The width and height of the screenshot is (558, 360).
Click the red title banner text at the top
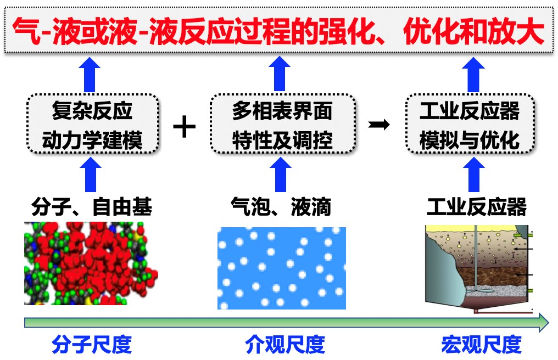click(278, 31)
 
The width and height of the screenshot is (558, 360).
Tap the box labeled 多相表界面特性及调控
click(282, 125)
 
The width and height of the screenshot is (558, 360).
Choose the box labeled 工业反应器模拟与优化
click(470, 125)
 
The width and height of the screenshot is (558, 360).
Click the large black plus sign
click(185, 128)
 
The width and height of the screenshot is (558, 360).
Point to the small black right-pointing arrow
click(379, 125)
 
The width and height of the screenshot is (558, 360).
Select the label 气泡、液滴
click(281, 207)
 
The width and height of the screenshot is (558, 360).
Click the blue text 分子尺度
click(92, 345)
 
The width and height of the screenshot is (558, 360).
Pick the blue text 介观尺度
click(284, 345)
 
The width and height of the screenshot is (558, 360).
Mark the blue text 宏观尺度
click(481, 345)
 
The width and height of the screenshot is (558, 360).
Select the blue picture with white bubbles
click(281, 268)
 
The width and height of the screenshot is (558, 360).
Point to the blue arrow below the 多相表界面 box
click(282, 174)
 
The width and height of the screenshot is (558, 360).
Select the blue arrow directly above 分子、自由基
click(93, 174)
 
